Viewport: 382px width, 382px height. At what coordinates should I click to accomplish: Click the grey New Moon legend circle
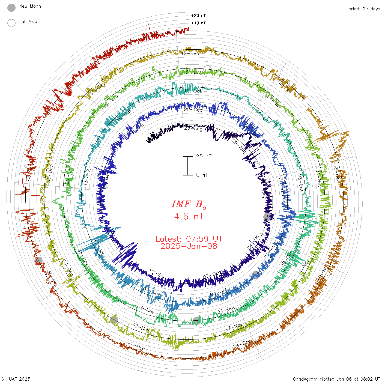11,8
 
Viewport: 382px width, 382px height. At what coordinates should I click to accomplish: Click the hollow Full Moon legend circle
11,23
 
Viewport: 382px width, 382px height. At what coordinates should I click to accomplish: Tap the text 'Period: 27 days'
363,9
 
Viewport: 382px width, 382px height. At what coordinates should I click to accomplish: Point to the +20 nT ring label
198,16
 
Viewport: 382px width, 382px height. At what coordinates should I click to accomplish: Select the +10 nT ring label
198,23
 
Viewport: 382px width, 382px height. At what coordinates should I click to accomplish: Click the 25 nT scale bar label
204,156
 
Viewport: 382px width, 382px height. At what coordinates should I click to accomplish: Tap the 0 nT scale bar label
202,175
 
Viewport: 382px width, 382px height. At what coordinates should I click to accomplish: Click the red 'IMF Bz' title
189,204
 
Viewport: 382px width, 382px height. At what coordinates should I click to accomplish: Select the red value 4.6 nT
189,217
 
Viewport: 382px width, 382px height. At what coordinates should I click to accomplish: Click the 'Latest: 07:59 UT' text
189,239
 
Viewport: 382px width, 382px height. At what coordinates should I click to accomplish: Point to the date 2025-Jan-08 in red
189,246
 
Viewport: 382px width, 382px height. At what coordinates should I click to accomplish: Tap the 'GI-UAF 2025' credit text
16,379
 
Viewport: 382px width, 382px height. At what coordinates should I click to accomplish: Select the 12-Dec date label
190,53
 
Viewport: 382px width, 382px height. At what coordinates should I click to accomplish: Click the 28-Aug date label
193,128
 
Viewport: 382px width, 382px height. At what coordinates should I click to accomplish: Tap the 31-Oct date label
226,310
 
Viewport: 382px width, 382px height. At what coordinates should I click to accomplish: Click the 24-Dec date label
242,344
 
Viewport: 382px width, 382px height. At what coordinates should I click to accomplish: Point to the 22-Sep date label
193,109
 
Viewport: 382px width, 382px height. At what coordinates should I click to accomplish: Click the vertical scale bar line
188,166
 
